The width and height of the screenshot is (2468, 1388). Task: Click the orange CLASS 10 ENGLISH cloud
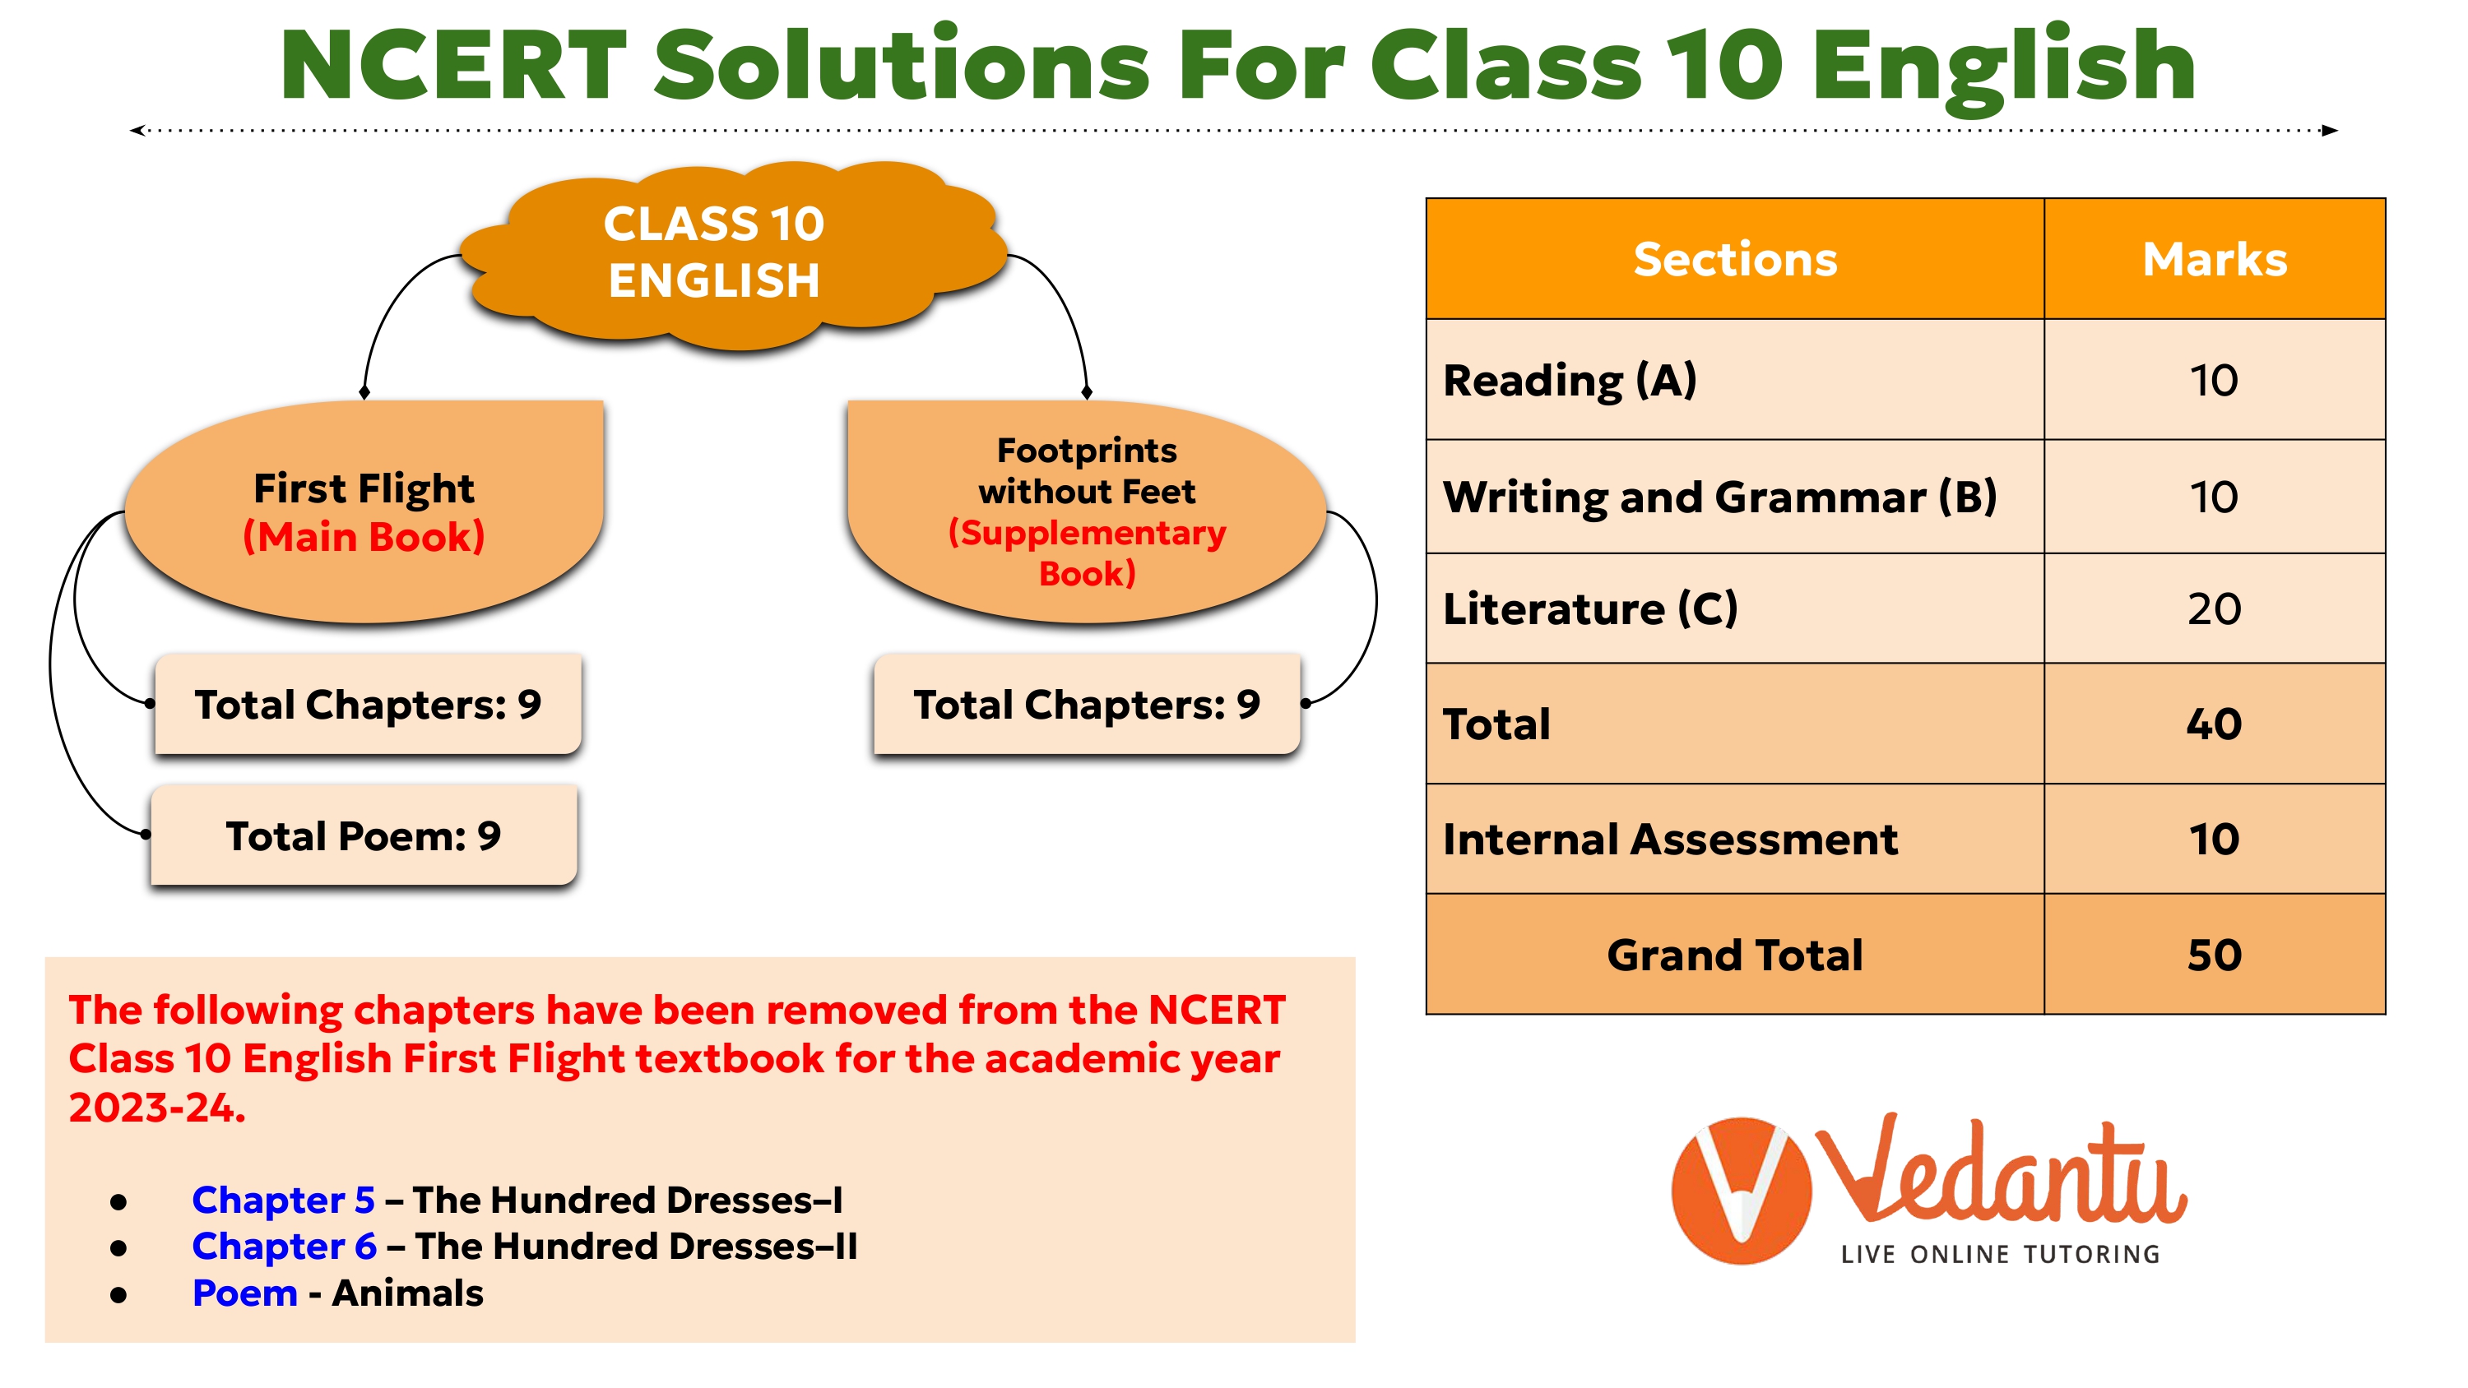pyautogui.click(x=733, y=254)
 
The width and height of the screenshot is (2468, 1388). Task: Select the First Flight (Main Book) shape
pyautogui.click(x=364, y=512)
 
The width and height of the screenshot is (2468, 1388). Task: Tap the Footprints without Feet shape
pyautogui.click(x=1087, y=512)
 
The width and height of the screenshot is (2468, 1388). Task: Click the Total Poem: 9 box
pyautogui.click(x=364, y=835)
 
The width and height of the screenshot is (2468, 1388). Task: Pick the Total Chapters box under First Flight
pyautogui.click(x=368, y=704)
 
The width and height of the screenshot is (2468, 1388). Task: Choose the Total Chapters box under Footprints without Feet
pyautogui.click(x=1087, y=704)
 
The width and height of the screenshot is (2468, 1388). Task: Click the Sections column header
pyautogui.click(x=1735, y=259)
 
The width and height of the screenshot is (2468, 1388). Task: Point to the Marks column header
pyautogui.click(x=2214, y=259)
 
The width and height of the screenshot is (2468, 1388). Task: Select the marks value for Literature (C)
pyautogui.click(x=2214, y=609)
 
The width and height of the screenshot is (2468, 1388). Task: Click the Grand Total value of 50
pyautogui.click(x=2214, y=955)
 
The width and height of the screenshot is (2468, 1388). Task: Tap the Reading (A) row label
pyautogui.click(x=1570, y=380)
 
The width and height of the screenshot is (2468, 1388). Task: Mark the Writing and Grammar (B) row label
pyautogui.click(x=1719, y=497)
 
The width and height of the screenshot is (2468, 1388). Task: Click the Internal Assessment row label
pyautogui.click(x=1670, y=839)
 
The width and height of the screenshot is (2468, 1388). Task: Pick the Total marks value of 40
pyautogui.click(x=2214, y=724)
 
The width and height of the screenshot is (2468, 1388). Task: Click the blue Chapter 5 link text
pyautogui.click(x=283, y=1200)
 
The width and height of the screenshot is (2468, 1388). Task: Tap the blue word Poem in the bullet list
pyautogui.click(x=244, y=1293)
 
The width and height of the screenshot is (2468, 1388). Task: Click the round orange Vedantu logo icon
pyautogui.click(x=1741, y=1191)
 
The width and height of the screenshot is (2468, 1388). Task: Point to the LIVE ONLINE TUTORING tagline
pyautogui.click(x=2001, y=1254)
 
